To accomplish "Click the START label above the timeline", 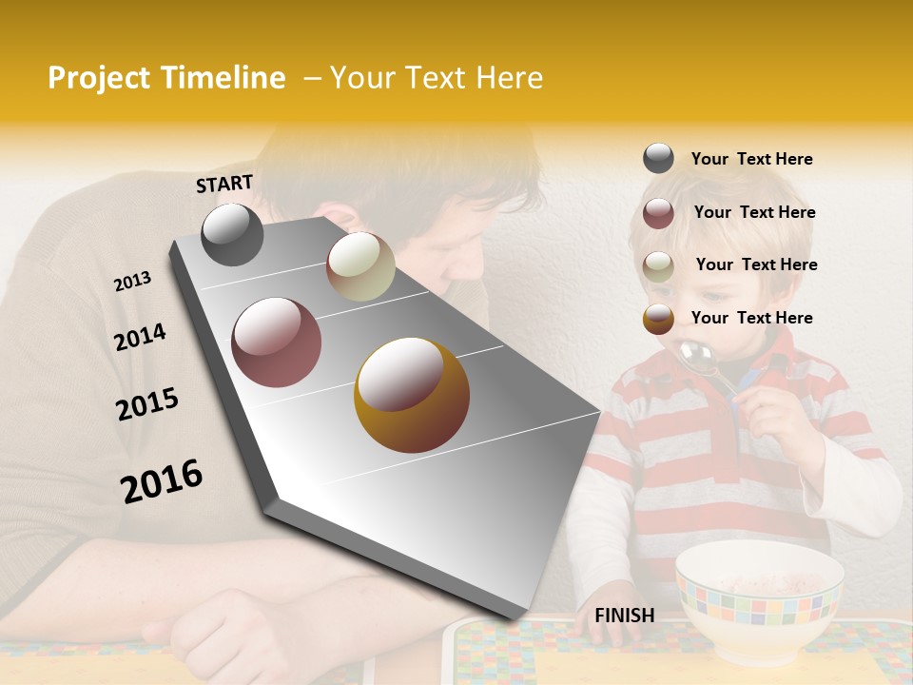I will click(x=224, y=184).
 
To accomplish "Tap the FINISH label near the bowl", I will click(x=624, y=616).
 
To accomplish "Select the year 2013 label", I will click(x=132, y=282).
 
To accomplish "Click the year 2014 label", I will click(x=140, y=337).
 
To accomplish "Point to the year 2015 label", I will click(x=146, y=404).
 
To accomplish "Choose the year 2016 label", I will click(x=161, y=481).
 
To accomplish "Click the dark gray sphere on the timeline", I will click(x=232, y=235).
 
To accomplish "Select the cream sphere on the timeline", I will click(x=360, y=266).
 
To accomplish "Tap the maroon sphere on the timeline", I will click(x=276, y=342).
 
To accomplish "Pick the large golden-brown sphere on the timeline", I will click(x=412, y=395).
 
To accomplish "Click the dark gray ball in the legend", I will click(x=658, y=159).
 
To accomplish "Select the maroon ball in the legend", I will click(x=658, y=213).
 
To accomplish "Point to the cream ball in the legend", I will click(x=658, y=266).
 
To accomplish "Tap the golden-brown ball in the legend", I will click(x=658, y=319).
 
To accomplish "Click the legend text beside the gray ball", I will click(x=751, y=159).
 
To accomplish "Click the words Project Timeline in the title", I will click(x=166, y=78).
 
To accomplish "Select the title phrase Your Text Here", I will click(x=436, y=78).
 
